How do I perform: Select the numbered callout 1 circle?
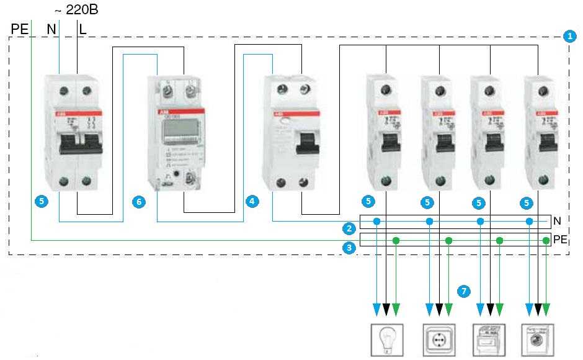tap(570, 36)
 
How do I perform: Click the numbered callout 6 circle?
tap(140, 202)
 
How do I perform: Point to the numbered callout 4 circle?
tap(251, 201)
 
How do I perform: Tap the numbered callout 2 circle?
tap(350, 228)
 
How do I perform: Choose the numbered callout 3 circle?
tap(350, 248)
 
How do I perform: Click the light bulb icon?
tap(386, 340)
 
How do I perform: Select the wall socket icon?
tap(438, 340)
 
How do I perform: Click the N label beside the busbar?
tap(557, 220)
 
